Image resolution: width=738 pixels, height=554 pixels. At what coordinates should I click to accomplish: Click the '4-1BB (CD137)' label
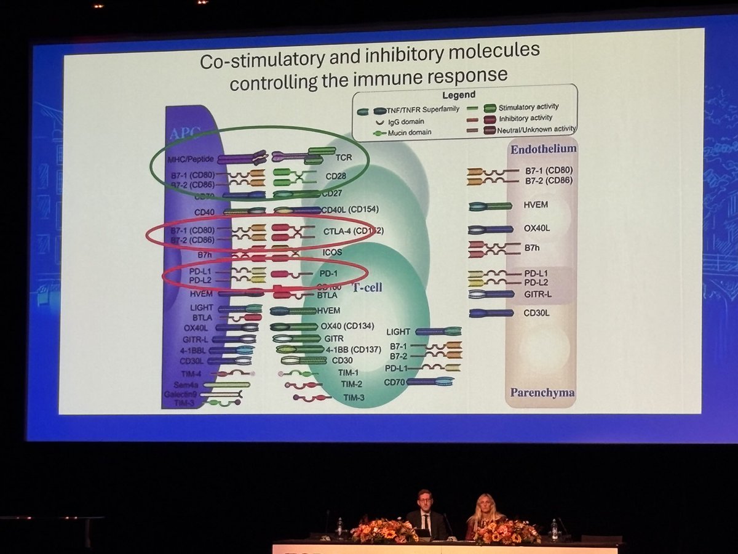[x=351, y=350]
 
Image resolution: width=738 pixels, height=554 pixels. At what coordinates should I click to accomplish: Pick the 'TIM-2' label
[x=352, y=385]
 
